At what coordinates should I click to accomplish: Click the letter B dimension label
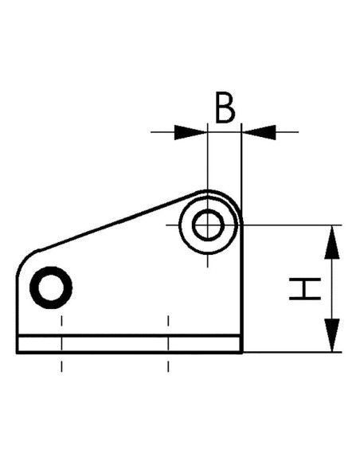(225, 107)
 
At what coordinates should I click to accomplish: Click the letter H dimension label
(305, 289)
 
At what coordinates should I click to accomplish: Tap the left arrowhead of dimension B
(190, 132)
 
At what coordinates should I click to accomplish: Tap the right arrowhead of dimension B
(260, 132)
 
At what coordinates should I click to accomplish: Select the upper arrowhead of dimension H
(332, 242)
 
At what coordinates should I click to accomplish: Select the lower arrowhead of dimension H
(332, 335)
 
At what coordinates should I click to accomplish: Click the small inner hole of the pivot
(208, 225)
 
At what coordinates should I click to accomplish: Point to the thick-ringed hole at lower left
(51, 287)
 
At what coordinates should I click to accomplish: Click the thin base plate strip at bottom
(129, 344)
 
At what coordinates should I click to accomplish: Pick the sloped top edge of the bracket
(118, 221)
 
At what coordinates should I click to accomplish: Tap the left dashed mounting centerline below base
(61, 343)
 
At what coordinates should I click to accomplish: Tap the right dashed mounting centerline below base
(168, 343)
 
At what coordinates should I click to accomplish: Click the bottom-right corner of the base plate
(242, 353)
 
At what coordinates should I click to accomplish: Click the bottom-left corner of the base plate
(17, 353)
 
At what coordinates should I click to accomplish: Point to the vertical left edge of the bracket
(17, 315)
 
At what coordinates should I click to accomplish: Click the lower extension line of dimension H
(292, 352)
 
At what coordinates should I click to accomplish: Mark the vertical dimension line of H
(332, 289)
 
